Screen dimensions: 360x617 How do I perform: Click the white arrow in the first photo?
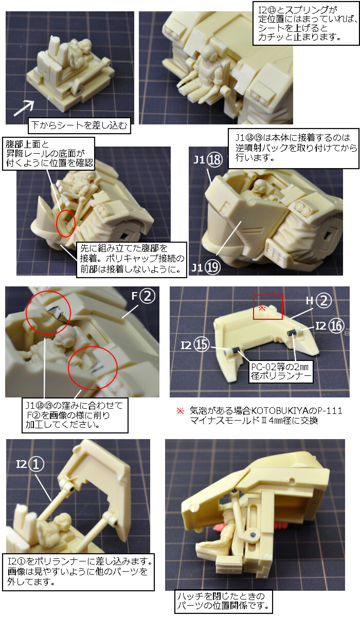[x=24, y=108]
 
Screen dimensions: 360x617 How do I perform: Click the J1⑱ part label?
[x=208, y=159]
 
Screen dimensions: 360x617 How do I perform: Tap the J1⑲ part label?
[x=206, y=267]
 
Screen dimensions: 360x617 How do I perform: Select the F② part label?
[x=143, y=296]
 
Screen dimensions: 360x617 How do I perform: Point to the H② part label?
[x=319, y=300]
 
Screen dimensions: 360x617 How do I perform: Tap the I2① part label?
[x=30, y=464]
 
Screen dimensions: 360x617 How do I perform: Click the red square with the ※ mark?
[x=268, y=307]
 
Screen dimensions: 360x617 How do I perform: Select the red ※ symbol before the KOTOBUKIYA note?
[x=180, y=411]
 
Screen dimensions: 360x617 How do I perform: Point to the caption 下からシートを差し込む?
[x=79, y=125]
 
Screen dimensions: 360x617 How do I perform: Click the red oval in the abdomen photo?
[x=65, y=223]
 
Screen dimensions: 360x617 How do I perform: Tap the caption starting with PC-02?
[x=281, y=372]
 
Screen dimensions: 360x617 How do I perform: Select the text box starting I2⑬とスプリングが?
[x=306, y=24]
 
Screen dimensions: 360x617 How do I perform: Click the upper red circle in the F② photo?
[x=48, y=313]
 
